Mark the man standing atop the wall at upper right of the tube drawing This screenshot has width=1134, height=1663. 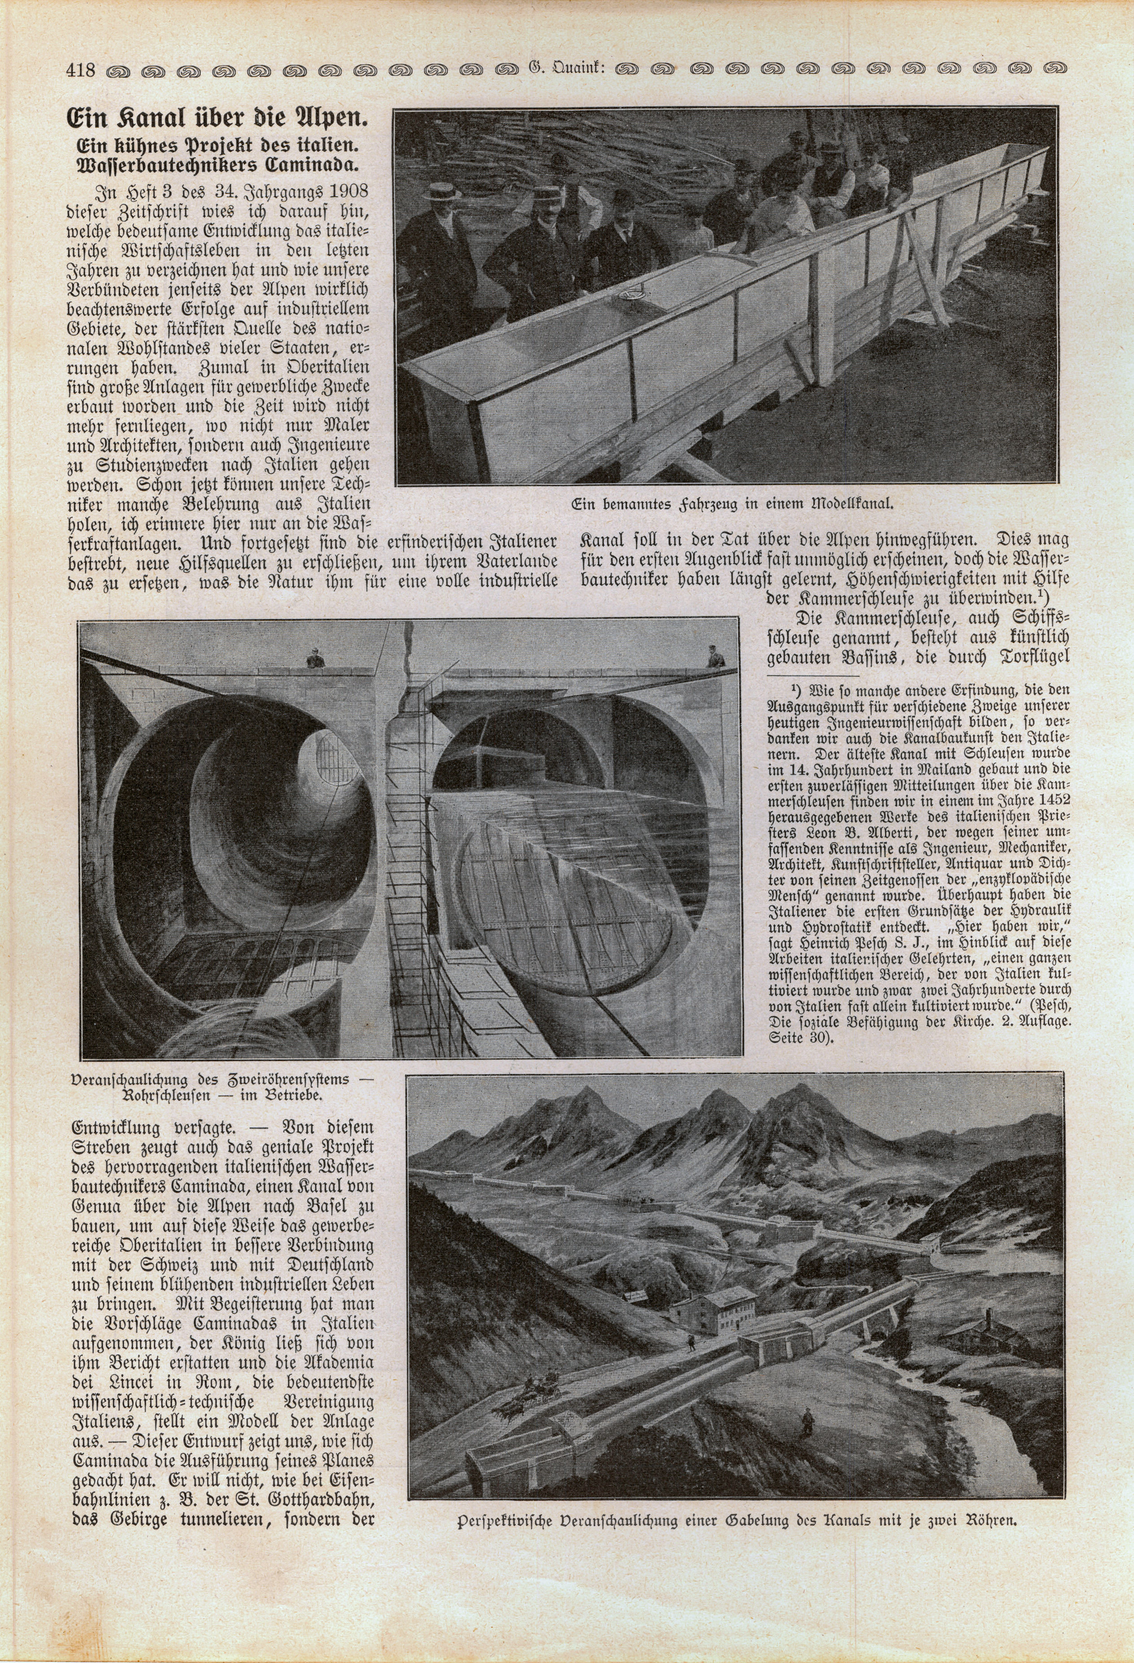(x=713, y=656)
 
